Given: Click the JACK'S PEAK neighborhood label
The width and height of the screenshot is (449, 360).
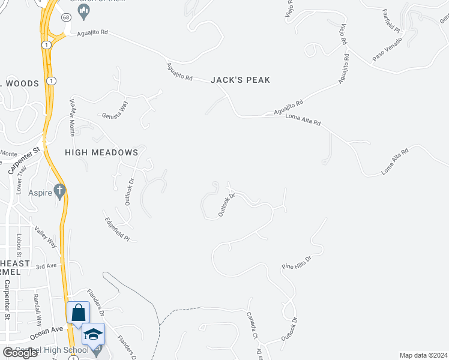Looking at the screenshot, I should tap(240, 80).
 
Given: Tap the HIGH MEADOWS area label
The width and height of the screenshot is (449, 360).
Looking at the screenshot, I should tap(101, 152).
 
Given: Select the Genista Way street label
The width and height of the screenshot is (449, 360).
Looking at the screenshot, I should tap(115, 109).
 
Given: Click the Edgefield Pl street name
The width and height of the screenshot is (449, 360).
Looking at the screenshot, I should tap(118, 228).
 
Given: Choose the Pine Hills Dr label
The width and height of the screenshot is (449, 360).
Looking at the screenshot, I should tap(298, 262).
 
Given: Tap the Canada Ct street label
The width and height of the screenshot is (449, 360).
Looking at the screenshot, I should tap(252, 325).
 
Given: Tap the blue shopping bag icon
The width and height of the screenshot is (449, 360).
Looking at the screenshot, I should tap(78, 313).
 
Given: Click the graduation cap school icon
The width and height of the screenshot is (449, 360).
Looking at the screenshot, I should tap(93, 334).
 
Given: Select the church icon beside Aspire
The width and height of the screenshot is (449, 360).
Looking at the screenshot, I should tap(59, 191).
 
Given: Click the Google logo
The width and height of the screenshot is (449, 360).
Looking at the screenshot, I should tap(20, 352).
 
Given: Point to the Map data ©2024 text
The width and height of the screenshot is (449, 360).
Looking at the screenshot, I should tap(423, 355).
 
